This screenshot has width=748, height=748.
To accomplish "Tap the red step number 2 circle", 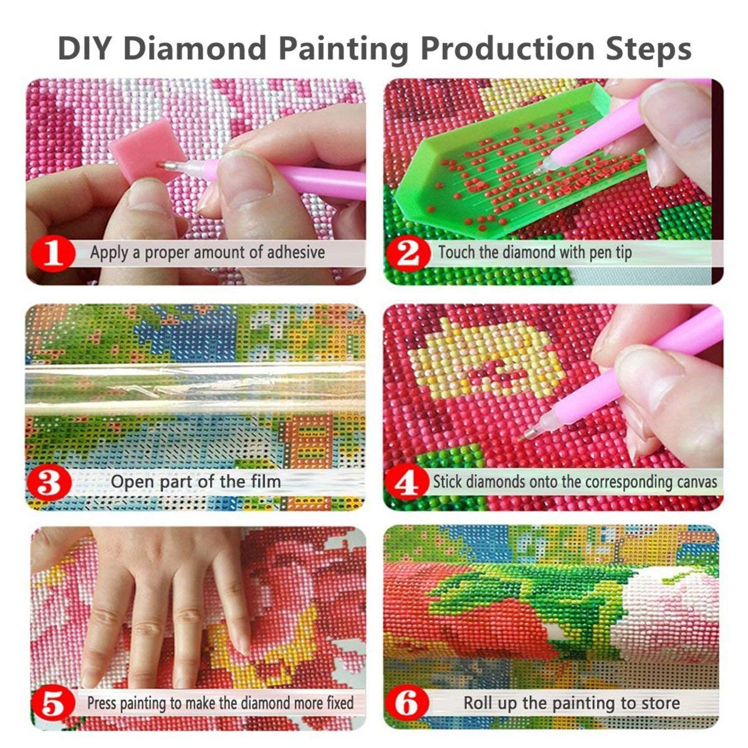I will [x=409, y=253].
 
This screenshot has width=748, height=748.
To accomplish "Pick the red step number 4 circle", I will [x=409, y=482].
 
